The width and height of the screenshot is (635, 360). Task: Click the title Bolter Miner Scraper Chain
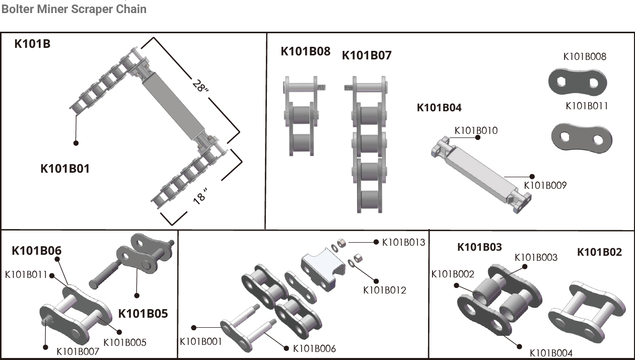click(74, 9)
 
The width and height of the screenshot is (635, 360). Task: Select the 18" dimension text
click(200, 196)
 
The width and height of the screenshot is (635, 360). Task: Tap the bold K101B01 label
click(65, 169)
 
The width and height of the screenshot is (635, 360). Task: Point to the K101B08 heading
click(305, 51)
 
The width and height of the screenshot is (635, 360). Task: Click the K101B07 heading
click(367, 55)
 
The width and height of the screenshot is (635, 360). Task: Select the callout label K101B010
click(476, 131)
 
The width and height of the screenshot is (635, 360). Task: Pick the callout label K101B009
click(545, 185)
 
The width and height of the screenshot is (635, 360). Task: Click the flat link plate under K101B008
click(578, 81)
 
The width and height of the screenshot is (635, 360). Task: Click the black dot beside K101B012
click(375, 279)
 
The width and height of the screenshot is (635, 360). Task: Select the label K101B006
click(314, 348)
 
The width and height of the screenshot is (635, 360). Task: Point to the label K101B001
click(201, 341)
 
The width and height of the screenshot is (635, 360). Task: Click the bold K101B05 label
click(143, 314)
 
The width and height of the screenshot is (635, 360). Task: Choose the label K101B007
click(78, 351)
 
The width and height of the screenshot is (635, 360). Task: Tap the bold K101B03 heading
click(479, 247)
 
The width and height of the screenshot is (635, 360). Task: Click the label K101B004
click(551, 353)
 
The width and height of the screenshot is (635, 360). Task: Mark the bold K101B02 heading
click(599, 252)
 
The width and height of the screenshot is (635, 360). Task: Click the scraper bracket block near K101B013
click(321, 269)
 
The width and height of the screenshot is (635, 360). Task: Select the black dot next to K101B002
click(456, 285)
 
